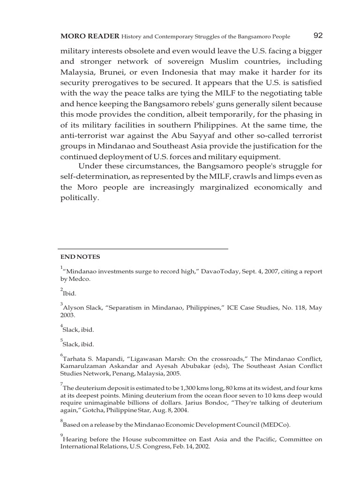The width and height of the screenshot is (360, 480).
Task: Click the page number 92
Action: tap(317, 36)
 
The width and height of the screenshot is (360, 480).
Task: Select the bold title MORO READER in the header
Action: tap(90, 37)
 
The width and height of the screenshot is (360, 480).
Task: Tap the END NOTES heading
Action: tap(80, 257)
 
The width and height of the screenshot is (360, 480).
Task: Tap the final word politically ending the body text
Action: tap(80, 198)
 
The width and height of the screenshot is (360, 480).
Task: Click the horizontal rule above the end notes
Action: tap(143, 248)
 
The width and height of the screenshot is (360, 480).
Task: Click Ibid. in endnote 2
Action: tap(69, 293)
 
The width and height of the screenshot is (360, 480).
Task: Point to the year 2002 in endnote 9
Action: tap(201, 447)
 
